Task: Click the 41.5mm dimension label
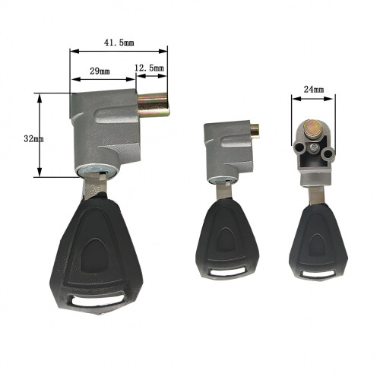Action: [119, 43]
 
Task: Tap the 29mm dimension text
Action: [100, 71]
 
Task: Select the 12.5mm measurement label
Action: [149, 68]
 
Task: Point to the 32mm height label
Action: [33, 138]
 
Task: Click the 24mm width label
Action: [314, 90]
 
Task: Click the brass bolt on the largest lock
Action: [154, 105]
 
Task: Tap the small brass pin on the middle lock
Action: [255, 131]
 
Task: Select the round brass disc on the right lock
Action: [312, 128]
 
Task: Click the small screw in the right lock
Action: [314, 147]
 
